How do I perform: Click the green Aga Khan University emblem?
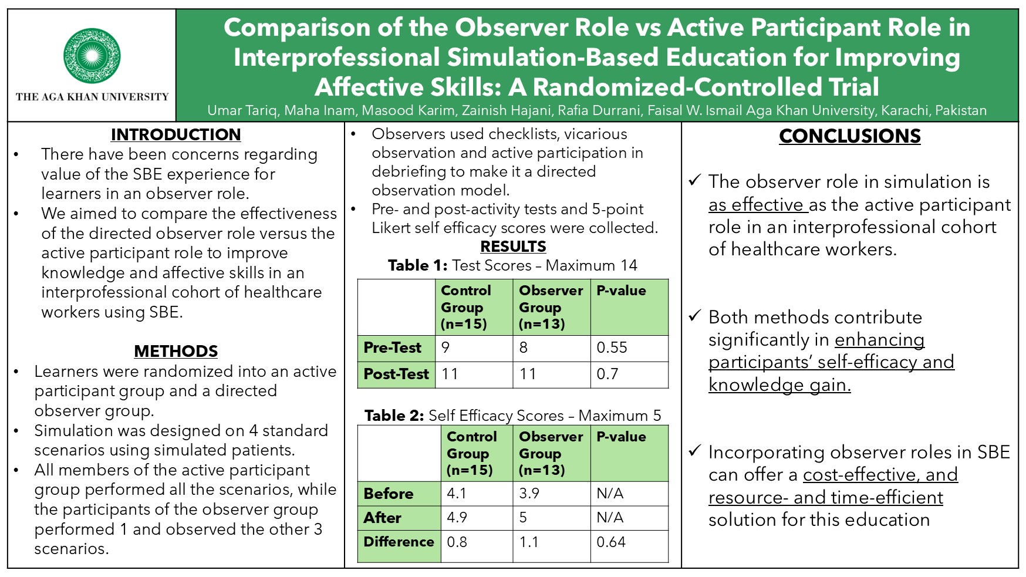pyautogui.click(x=92, y=56)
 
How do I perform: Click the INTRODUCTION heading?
pyautogui.click(x=176, y=134)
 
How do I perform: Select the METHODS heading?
pyautogui.click(x=176, y=351)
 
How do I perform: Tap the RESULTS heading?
pyautogui.click(x=513, y=247)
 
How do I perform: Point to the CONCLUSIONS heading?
pyautogui.click(x=850, y=136)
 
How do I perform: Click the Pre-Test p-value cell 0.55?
pyautogui.click(x=612, y=347)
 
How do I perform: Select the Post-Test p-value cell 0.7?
pyautogui.click(x=607, y=374)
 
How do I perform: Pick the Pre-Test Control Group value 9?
pyautogui.click(x=446, y=347)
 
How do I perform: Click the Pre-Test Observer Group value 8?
pyautogui.click(x=524, y=347)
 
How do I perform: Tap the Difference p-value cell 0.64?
pyautogui.click(x=611, y=542)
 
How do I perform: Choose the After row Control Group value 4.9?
pyautogui.click(x=457, y=518)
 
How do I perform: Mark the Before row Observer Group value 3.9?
pyautogui.click(x=529, y=494)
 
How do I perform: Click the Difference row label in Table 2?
pyautogui.click(x=399, y=542)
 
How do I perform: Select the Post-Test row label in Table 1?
pyautogui.click(x=396, y=374)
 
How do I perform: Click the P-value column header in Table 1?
pyautogui.click(x=621, y=291)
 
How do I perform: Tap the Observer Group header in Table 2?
pyautogui.click(x=551, y=453)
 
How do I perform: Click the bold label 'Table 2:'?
pyautogui.click(x=394, y=416)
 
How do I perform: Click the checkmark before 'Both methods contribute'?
pyautogui.click(x=695, y=316)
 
